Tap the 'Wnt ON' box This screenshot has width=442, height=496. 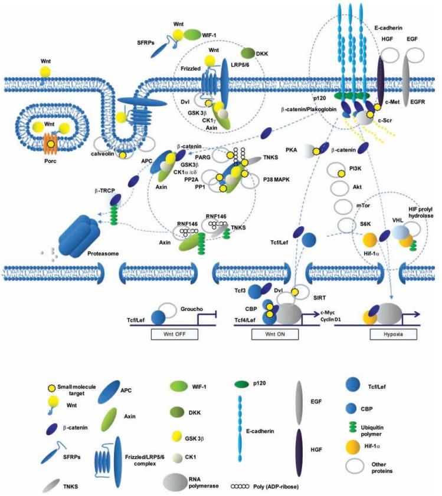(x=269, y=333)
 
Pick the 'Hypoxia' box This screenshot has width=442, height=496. (x=387, y=333)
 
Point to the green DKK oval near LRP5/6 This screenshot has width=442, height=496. (x=247, y=53)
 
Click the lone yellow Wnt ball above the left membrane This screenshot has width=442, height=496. (x=45, y=71)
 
